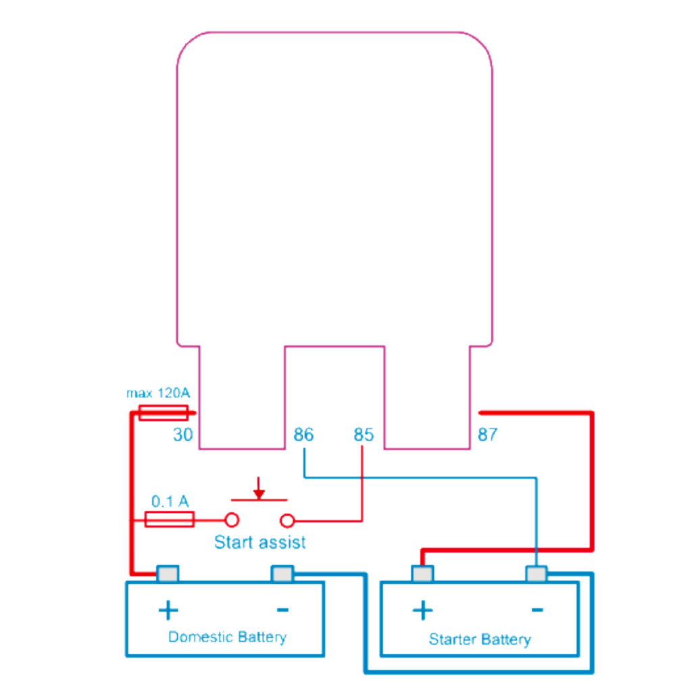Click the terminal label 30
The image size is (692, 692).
coord(182,435)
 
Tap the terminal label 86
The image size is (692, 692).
coord(303,435)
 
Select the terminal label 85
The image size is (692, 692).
coord(363,435)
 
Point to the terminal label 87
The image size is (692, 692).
coord(487,435)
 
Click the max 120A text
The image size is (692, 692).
coord(158,393)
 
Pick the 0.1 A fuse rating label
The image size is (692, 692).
coord(169,501)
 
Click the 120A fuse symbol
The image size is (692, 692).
coord(163,412)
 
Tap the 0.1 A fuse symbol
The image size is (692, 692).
coord(170,520)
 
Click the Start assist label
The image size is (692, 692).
coord(259,542)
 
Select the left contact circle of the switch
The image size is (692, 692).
coord(232,520)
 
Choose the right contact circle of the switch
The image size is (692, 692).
coord(287,520)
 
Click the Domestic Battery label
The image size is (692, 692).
coord(227,637)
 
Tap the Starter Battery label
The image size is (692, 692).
coord(480,639)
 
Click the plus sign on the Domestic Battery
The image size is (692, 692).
coord(168,610)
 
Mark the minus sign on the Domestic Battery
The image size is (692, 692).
coord(282,610)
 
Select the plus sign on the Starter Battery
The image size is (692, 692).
coord(422,610)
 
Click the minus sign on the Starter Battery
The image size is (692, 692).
coord(537,610)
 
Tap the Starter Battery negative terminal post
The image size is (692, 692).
coord(537,574)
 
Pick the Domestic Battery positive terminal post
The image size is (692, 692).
coord(168,574)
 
